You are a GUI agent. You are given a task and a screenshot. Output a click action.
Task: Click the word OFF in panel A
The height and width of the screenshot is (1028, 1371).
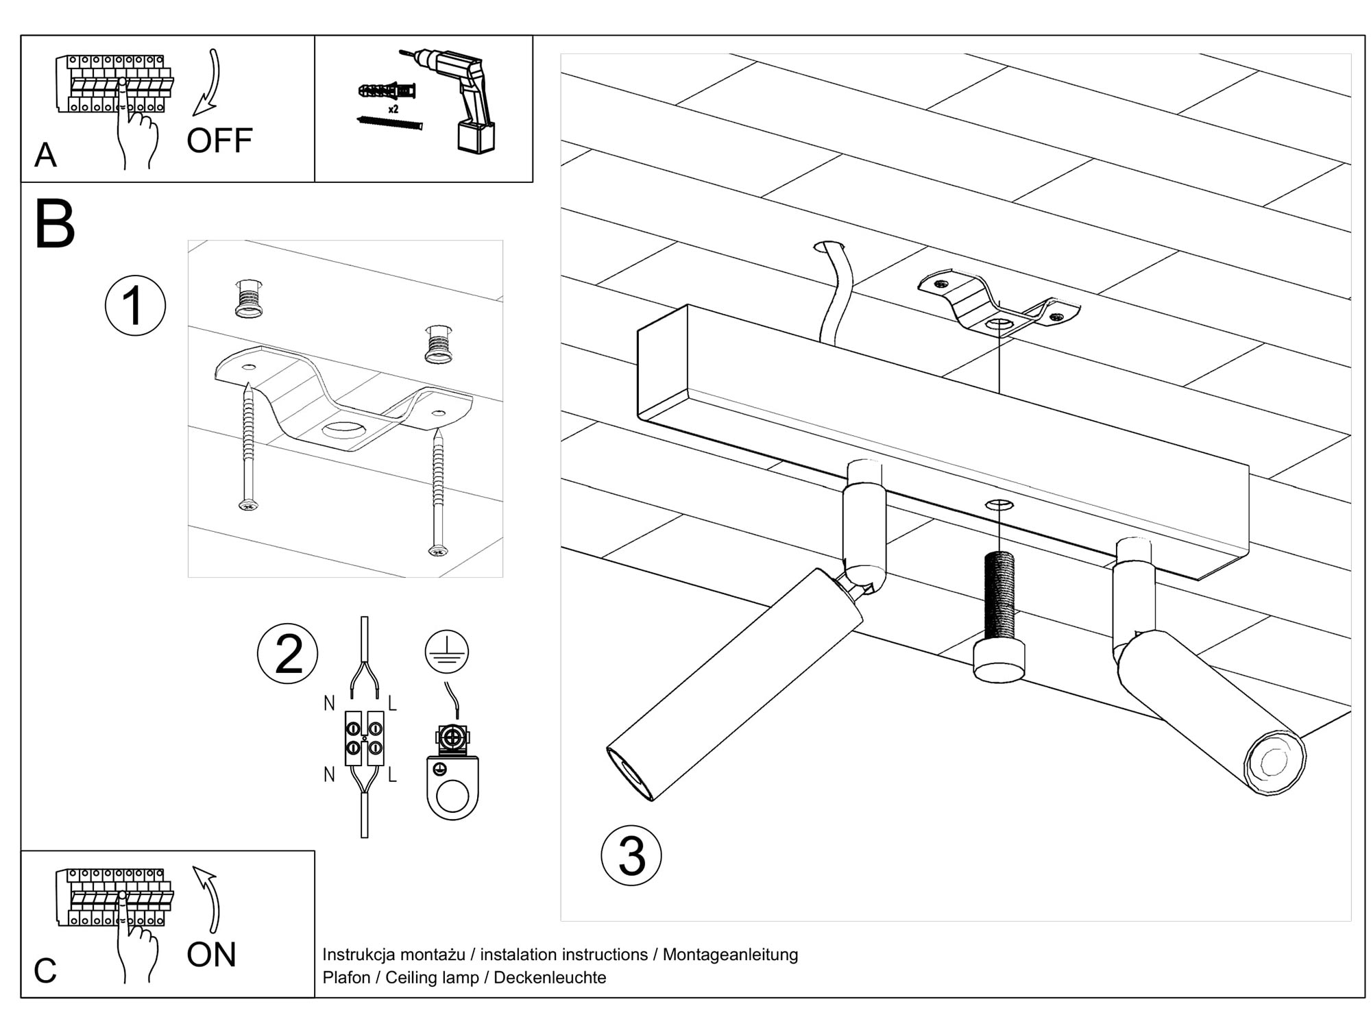pos(219,140)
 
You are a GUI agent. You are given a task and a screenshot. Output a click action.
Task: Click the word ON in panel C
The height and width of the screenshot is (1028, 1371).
pos(211,955)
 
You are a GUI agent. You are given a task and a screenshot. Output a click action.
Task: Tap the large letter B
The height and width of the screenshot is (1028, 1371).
pos(54,225)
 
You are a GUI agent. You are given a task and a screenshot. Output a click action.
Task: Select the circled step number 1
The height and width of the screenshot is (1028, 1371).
pos(135,306)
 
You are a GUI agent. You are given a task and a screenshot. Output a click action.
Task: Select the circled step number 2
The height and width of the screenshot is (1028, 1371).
pos(287,654)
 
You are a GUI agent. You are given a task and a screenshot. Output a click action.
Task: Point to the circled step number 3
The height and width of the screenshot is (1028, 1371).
pos(631,855)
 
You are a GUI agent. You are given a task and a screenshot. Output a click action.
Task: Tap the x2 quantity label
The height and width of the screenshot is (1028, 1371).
pos(393,109)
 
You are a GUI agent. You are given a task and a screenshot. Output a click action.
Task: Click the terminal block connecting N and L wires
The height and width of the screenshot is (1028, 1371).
pos(364,737)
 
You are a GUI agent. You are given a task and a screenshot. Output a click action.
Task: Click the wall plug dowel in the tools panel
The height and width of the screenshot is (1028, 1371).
pos(387,90)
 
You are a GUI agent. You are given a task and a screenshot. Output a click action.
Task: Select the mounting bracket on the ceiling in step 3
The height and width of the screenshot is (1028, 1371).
pos(998,308)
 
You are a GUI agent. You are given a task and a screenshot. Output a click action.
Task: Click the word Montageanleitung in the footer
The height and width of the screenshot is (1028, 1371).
pos(730,954)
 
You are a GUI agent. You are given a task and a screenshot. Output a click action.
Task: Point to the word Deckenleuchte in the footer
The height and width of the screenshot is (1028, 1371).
pos(550,977)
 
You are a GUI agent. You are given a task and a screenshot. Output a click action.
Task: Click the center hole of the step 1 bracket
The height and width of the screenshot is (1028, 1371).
pos(344,430)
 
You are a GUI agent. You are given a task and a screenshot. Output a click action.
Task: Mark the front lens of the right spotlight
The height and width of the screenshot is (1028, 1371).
pos(1274,762)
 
